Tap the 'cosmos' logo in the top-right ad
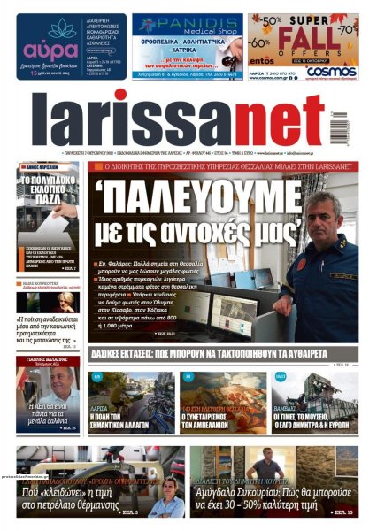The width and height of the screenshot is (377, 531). [335, 73]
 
